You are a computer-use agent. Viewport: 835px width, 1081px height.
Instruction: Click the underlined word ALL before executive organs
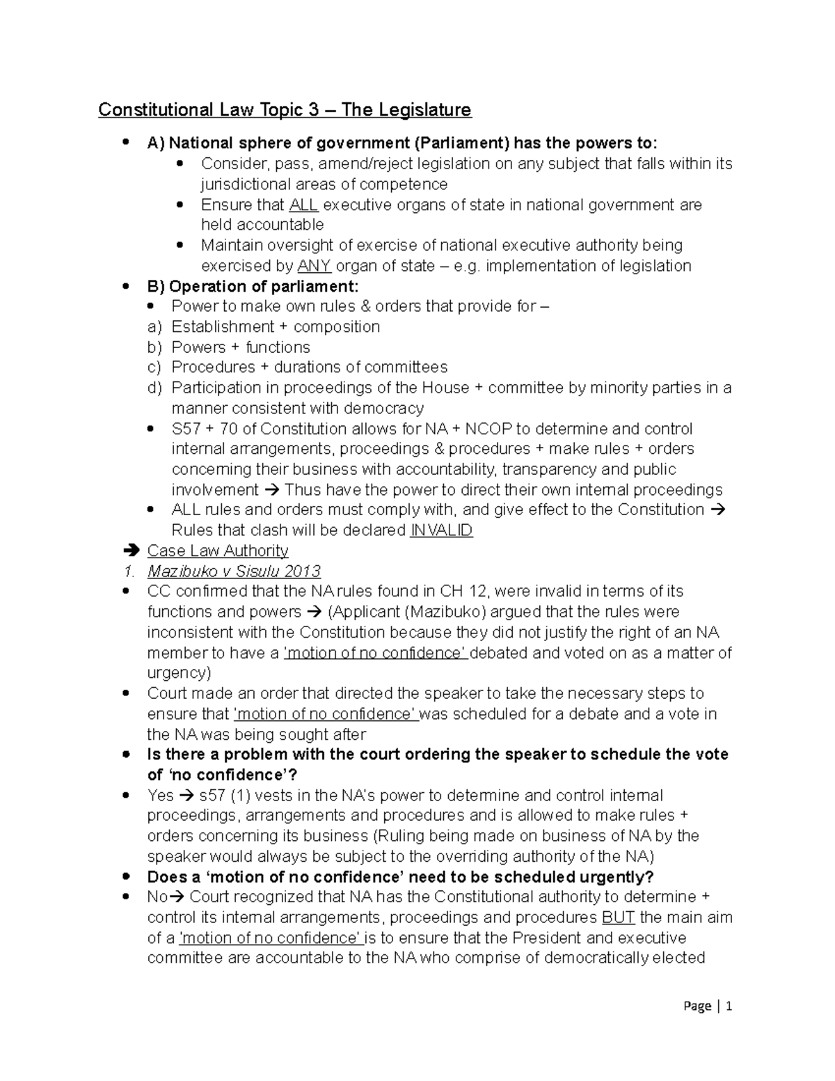point(303,205)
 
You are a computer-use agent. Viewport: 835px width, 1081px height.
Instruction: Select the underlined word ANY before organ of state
point(314,266)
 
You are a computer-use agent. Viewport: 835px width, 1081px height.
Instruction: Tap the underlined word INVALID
point(442,530)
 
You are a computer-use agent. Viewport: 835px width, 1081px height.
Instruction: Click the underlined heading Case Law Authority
point(218,551)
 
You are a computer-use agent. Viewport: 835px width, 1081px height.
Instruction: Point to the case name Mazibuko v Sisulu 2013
point(234,571)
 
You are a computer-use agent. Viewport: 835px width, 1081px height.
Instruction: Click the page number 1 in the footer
point(729,1006)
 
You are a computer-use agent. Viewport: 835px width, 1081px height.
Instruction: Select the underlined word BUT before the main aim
point(619,917)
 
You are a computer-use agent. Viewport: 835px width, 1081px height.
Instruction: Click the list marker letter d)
point(154,388)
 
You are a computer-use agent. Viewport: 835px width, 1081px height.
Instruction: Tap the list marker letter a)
point(154,326)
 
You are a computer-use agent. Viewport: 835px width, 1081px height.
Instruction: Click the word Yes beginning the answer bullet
point(160,795)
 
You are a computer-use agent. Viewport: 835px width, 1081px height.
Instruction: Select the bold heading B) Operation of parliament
point(253,286)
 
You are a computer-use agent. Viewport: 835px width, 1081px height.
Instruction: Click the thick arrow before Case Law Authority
point(131,551)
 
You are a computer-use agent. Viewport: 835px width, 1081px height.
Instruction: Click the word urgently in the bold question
point(618,876)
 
